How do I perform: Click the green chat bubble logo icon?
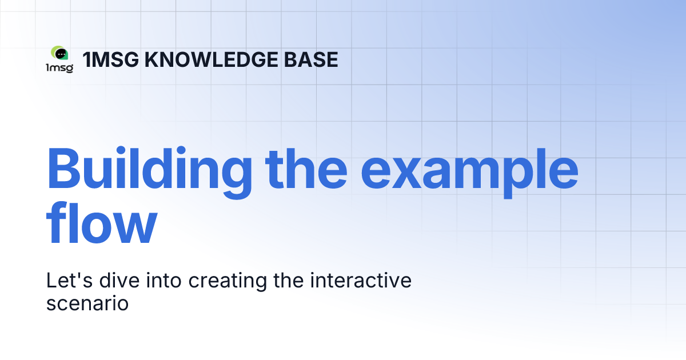tap(59, 54)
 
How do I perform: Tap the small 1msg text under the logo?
tap(59, 68)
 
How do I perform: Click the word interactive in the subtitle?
tap(359, 281)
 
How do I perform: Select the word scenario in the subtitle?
tap(87, 303)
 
